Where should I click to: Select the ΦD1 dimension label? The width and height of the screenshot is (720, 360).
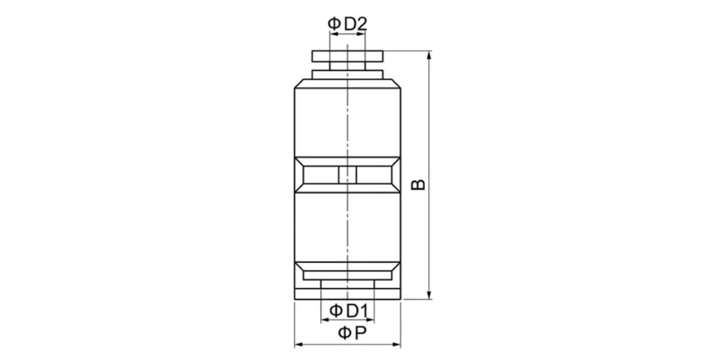coord(347,310)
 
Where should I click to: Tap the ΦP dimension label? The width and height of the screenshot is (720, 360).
coord(347,333)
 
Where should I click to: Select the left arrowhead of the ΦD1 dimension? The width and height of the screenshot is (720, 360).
coord(325,320)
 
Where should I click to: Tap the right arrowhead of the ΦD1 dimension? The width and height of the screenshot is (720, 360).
coord(370,320)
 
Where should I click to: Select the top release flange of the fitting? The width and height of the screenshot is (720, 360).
coord(347,57)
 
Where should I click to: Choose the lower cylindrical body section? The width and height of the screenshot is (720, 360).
coord(347,229)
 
